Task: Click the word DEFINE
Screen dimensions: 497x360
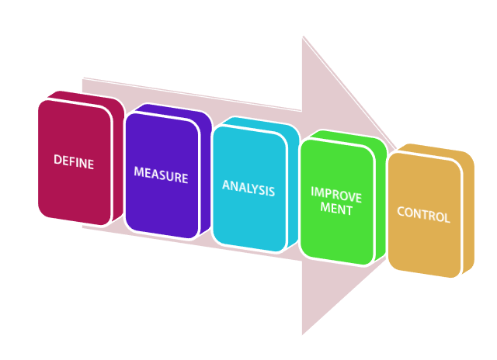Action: (74, 162)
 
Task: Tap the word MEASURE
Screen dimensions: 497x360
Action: (161, 175)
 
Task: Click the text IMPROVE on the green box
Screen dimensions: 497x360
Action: (335, 194)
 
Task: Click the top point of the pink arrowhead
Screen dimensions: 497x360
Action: (303, 38)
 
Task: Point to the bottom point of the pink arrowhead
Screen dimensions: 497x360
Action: (303, 334)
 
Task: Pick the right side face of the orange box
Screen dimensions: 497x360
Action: (468, 213)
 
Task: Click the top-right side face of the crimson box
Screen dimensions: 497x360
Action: (118, 109)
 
